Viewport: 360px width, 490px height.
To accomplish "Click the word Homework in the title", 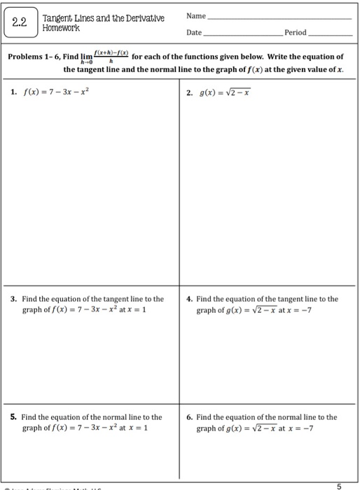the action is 61,29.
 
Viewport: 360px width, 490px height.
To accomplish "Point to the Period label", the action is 295,33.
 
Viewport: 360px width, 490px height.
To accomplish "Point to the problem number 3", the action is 15,299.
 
